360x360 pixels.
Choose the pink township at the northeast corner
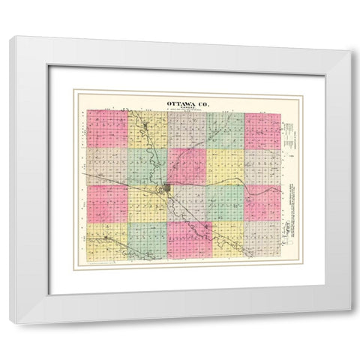click(x=262, y=130)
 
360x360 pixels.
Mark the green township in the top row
click(x=225, y=130)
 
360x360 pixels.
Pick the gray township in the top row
click(x=186, y=130)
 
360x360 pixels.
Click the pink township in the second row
click(x=186, y=166)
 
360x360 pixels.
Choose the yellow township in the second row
click(x=225, y=166)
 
